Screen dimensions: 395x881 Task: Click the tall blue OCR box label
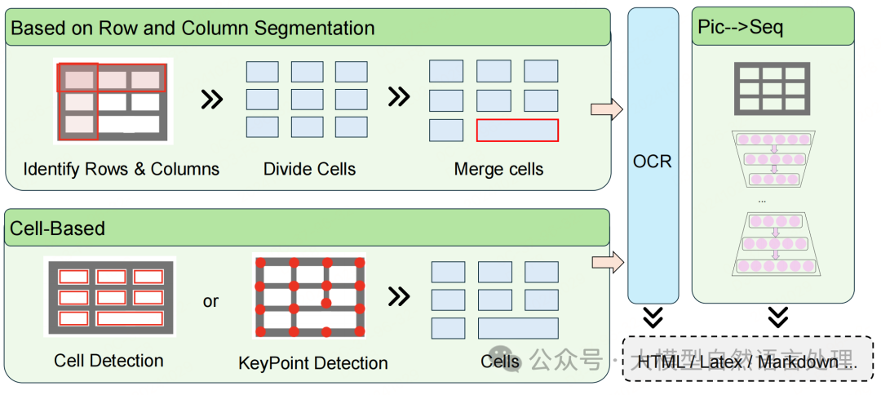coord(653,161)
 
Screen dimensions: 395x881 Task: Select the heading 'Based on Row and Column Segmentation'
coord(193,29)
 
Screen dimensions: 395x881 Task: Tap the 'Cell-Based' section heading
coord(57,229)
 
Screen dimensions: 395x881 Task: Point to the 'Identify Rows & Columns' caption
coord(122,170)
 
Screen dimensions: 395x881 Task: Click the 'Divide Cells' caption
coord(310,170)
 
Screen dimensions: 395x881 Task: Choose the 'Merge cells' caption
coord(498,170)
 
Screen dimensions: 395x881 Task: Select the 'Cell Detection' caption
coord(108,361)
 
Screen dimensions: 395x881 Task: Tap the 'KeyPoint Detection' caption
coord(313,362)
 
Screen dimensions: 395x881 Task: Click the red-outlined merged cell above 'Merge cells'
coord(517,130)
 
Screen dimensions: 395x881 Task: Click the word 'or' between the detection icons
coord(210,301)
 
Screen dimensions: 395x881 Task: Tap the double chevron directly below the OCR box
coord(653,317)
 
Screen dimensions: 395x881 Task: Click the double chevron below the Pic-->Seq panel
coord(778,317)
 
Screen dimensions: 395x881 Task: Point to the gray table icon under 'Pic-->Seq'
coord(773,85)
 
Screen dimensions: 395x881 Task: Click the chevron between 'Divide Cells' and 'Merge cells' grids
coord(398,96)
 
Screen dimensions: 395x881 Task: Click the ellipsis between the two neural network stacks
coord(762,200)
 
